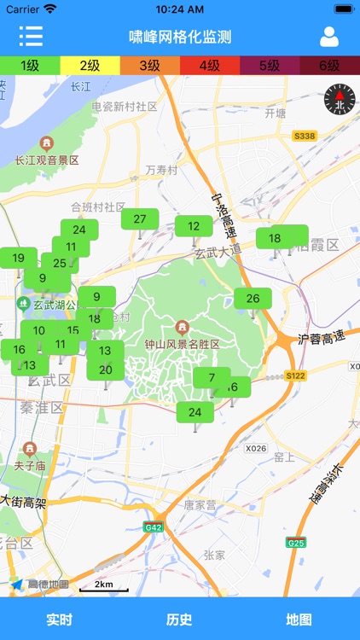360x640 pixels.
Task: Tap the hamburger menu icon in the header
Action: click(x=31, y=37)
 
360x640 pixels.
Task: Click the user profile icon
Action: click(x=328, y=37)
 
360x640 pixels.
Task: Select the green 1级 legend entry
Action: click(x=30, y=65)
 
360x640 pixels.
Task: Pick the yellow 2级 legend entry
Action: click(x=90, y=65)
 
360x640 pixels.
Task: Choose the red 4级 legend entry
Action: click(x=210, y=65)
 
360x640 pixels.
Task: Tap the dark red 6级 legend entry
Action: click(x=329, y=65)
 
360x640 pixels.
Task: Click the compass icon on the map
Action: click(x=338, y=101)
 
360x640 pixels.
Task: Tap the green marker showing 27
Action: click(x=140, y=219)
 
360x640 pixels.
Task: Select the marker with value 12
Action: click(x=194, y=226)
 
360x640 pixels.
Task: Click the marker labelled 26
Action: click(x=253, y=299)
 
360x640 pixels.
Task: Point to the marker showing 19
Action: click(x=18, y=259)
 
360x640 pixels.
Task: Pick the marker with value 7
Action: click(x=211, y=378)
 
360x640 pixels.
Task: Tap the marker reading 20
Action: click(x=106, y=369)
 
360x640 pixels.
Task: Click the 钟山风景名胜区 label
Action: click(x=182, y=343)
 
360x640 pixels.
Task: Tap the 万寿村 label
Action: click(x=161, y=170)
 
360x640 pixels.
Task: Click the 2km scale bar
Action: click(x=104, y=586)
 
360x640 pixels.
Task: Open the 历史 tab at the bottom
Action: click(x=179, y=620)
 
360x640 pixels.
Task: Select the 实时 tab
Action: click(x=60, y=620)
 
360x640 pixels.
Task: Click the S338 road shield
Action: click(x=305, y=136)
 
